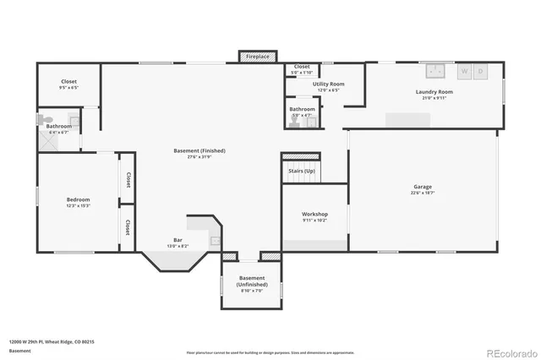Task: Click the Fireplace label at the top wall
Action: (258, 57)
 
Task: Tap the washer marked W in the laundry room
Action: (463, 72)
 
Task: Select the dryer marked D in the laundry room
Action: (481, 72)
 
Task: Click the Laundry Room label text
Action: (434, 91)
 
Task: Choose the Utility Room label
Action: (328, 84)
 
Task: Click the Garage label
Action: (423, 187)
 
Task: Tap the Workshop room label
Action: (314, 214)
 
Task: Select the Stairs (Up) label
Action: (302, 171)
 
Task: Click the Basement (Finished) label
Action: (199, 150)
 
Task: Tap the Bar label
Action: (178, 241)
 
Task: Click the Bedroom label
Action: (78, 200)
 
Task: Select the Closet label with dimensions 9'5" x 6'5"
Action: (68, 81)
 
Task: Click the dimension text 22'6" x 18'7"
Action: (423, 193)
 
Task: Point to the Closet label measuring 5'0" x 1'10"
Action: (302, 66)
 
